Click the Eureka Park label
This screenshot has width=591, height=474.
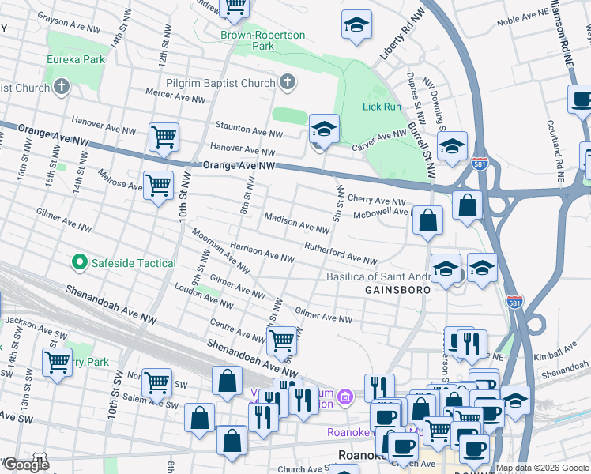75,59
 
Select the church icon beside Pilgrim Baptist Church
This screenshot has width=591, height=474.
287,82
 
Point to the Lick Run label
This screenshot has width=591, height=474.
382,107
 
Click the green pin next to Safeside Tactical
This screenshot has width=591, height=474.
79,262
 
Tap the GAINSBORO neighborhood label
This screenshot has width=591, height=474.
397,290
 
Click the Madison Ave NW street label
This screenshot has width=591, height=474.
296,223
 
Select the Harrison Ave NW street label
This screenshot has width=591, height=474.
262,251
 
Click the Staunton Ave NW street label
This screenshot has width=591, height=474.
249,130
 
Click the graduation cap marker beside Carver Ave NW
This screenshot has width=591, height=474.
324,128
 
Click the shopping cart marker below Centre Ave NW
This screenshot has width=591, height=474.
281,341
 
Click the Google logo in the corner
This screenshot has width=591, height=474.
25,465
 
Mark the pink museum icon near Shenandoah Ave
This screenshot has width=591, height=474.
344,396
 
